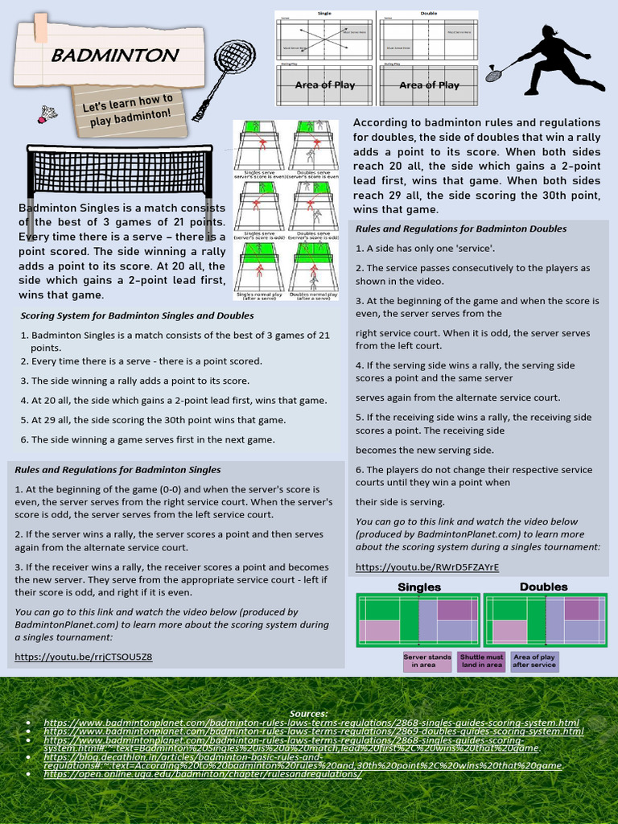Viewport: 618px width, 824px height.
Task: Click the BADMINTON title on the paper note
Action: (x=114, y=56)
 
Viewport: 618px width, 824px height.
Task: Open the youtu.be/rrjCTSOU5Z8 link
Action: (x=83, y=657)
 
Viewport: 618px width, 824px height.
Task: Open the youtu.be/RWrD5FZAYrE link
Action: (x=427, y=566)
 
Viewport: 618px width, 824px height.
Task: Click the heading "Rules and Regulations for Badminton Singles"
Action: (x=117, y=469)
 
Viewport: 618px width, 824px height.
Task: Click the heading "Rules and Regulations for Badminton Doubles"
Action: (x=461, y=229)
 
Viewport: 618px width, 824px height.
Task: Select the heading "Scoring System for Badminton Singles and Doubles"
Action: (x=137, y=315)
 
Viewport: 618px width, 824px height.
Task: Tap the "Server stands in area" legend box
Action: (x=426, y=661)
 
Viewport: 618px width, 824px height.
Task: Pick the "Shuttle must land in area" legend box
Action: (x=481, y=661)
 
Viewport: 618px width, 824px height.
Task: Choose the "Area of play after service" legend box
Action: (x=534, y=661)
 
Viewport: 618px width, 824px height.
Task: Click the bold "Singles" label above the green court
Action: (x=419, y=587)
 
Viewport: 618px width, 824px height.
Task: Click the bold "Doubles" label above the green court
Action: (x=543, y=587)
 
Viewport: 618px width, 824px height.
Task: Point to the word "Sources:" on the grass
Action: (x=308, y=713)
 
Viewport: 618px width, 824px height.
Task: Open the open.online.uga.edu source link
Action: (x=202, y=773)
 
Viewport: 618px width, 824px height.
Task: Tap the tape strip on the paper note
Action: (x=39, y=29)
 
